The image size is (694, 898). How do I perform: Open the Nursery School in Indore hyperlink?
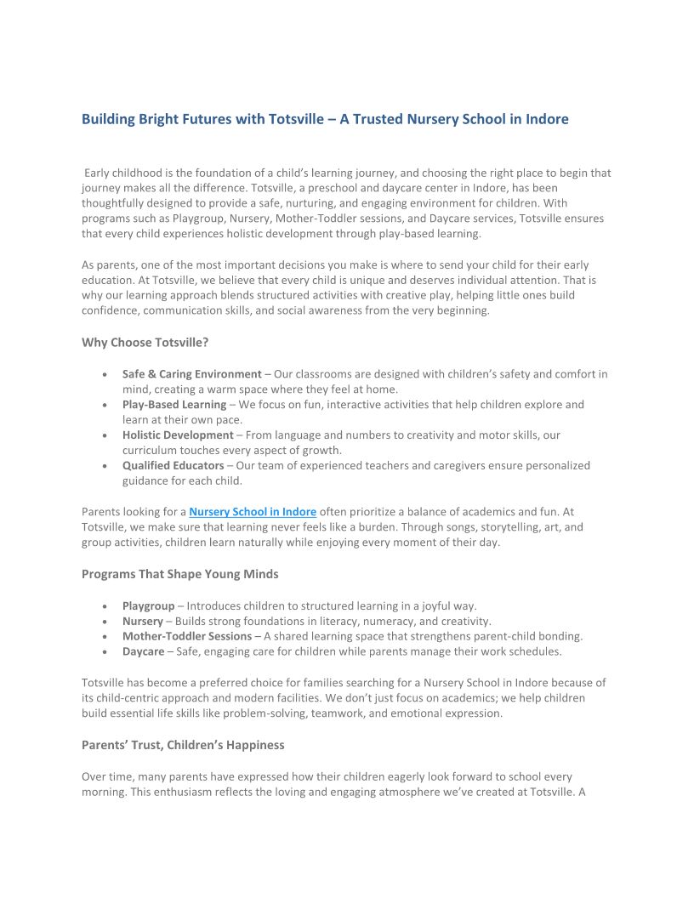pos(253,512)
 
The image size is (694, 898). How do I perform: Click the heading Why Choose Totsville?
pos(145,343)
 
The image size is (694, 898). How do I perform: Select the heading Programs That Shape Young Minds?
pos(180,574)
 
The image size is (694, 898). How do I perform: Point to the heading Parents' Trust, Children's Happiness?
pos(183,745)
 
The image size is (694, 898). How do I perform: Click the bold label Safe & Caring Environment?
pos(192,374)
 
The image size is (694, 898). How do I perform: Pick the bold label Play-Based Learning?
pos(174,405)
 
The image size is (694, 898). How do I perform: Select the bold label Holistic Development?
pos(178,435)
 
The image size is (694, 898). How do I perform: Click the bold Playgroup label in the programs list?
pos(149,606)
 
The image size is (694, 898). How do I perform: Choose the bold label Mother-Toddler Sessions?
pos(187,636)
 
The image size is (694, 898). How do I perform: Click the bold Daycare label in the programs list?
pos(144,652)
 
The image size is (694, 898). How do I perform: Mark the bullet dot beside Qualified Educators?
pos(104,466)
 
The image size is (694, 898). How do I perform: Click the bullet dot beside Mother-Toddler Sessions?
pos(104,636)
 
